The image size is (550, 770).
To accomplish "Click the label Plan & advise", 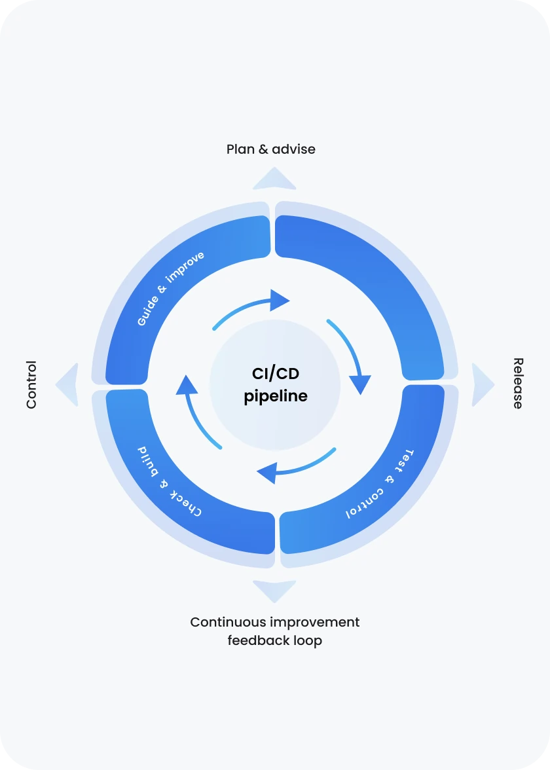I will click(x=270, y=149).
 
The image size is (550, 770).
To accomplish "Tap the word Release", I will click(x=518, y=384).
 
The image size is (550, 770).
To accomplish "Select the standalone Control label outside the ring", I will click(x=31, y=385).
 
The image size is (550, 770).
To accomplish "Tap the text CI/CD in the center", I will click(x=275, y=374).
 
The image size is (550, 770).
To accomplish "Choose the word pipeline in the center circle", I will click(x=275, y=396).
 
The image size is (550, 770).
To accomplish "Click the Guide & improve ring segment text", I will click(x=170, y=288).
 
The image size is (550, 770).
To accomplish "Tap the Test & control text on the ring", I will click(x=380, y=485).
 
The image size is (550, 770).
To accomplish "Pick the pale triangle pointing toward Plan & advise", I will click(x=274, y=179).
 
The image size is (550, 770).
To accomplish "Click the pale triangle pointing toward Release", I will click(x=482, y=385).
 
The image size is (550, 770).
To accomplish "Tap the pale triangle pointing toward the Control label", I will click(x=68, y=385).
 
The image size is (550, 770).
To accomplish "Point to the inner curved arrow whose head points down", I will click(x=352, y=357).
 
